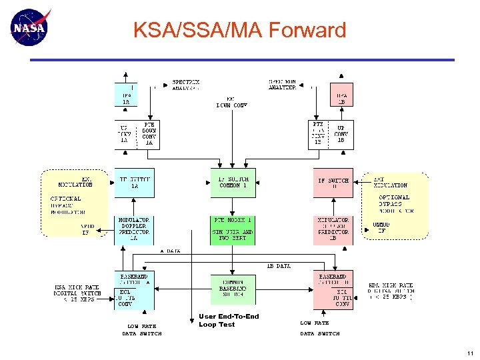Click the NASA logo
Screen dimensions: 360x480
tap(30, 28)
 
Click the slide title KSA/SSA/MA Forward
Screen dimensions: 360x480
tap(239, 30)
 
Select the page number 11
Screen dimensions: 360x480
tap(469, 353)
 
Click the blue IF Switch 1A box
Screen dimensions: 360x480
tap(134, 183)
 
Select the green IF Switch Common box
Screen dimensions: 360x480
tap(233, 183)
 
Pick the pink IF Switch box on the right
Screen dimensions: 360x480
tap(333, 183)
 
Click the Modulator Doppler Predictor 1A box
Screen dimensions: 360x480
tap(134, 229)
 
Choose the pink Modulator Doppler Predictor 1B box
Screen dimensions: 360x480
tap(333, 229)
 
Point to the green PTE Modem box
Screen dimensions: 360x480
tap(233, 229)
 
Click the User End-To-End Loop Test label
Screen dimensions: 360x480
tap(228, 321)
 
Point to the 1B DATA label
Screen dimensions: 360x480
tap(279, 266)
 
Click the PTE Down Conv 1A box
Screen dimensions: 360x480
tap(149, 133)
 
